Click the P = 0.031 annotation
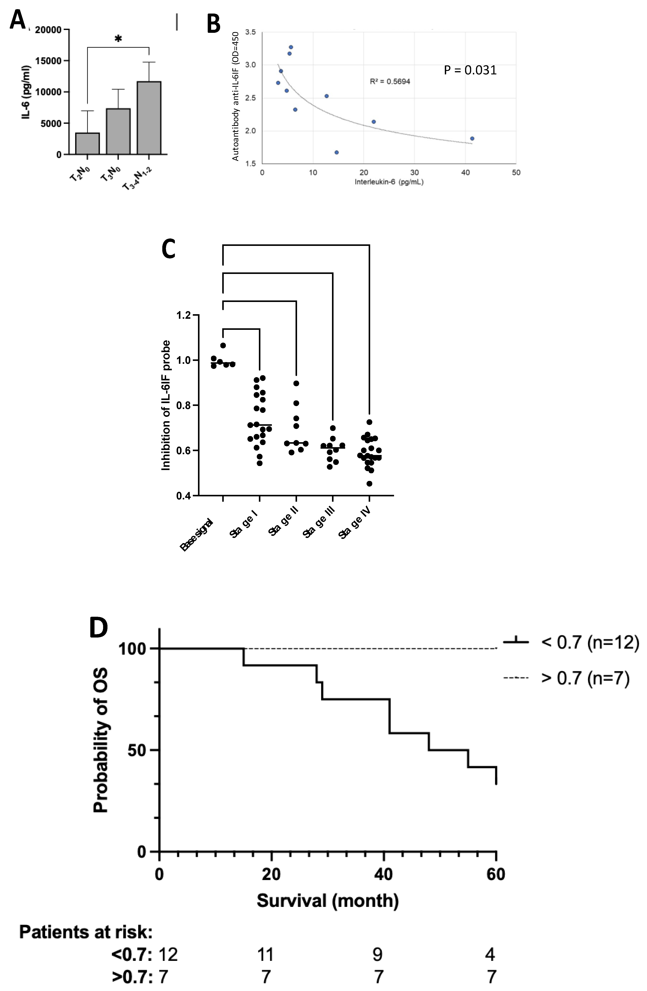[470, 70]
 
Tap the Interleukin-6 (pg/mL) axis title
[389, 182]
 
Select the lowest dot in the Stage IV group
[369, 483]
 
